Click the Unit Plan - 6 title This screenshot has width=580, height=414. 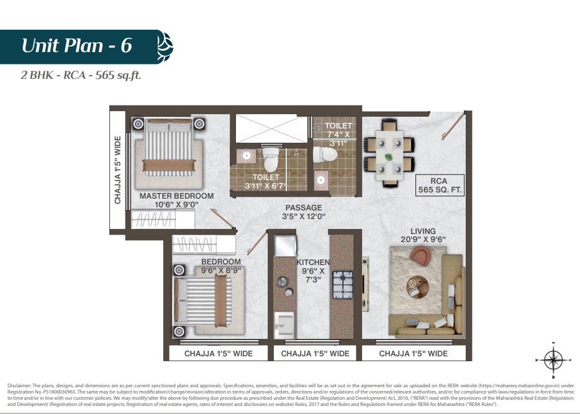[x=77, y=46]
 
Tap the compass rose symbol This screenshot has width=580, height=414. [x=553, y=359]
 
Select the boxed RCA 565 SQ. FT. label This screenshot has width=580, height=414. [x=440, y=185]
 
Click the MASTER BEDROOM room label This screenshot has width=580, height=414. [x=176, y=200]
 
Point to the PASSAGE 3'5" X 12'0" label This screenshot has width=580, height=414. [x=304, y=212]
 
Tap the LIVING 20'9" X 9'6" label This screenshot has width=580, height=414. [x=423, y=235]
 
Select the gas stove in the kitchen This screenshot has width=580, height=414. [x=343, y=285]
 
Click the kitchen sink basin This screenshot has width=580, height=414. [x=284, y=325]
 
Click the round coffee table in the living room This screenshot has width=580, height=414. [x=418, y=287]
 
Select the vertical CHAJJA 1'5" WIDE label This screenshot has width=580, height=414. [x=117, y=170]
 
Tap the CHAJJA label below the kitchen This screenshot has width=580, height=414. [x=315, y=354]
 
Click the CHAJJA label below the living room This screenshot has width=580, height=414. [x=413, y=354]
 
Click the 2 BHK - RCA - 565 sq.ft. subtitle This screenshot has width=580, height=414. [x=81, y=75]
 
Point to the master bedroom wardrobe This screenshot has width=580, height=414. [x=163, y=219]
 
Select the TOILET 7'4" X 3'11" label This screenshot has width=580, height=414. [x=338, y=134]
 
